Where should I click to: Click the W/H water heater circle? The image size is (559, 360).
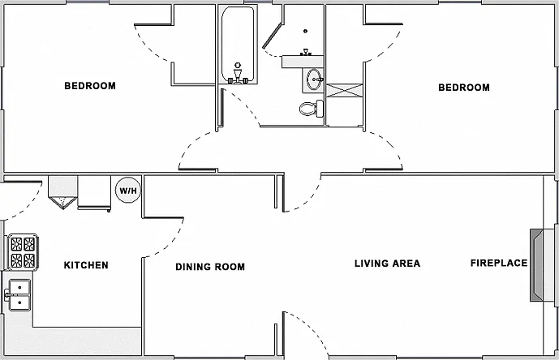click(128, 191)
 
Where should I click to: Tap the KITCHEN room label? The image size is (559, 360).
click(86, 265)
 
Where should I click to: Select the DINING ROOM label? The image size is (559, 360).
click(210, 267)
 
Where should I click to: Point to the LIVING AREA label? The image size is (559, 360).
click(387, 264)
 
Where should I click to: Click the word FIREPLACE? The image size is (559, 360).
click(499, 263)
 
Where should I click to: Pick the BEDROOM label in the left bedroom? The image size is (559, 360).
click(90, 86)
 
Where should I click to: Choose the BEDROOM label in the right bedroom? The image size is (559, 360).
click(464, 88)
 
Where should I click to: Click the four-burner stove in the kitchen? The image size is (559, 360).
click(23, 251)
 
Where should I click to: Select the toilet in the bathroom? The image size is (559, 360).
click(312, 109)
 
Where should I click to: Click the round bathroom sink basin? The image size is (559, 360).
click(315, 79)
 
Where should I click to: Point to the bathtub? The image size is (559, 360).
click(238, 45)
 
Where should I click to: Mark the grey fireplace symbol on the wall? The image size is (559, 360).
click(537, 265)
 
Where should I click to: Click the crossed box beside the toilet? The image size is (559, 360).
click(344, 90)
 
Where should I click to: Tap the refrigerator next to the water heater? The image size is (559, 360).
click(94, 192)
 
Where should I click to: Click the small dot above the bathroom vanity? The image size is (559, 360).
click(306, 32)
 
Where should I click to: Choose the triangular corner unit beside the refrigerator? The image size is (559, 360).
click(62, 202)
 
